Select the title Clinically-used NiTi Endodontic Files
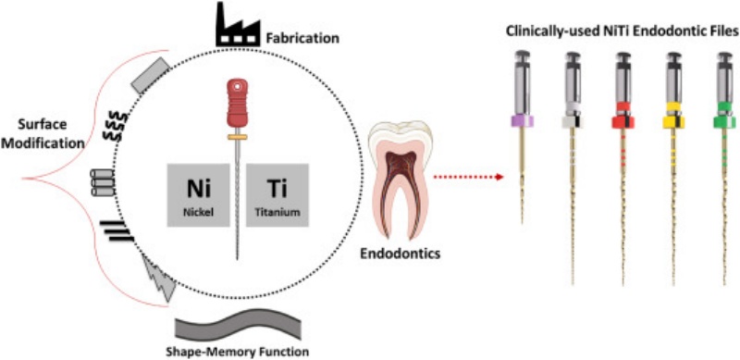click(x=622, y=30)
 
